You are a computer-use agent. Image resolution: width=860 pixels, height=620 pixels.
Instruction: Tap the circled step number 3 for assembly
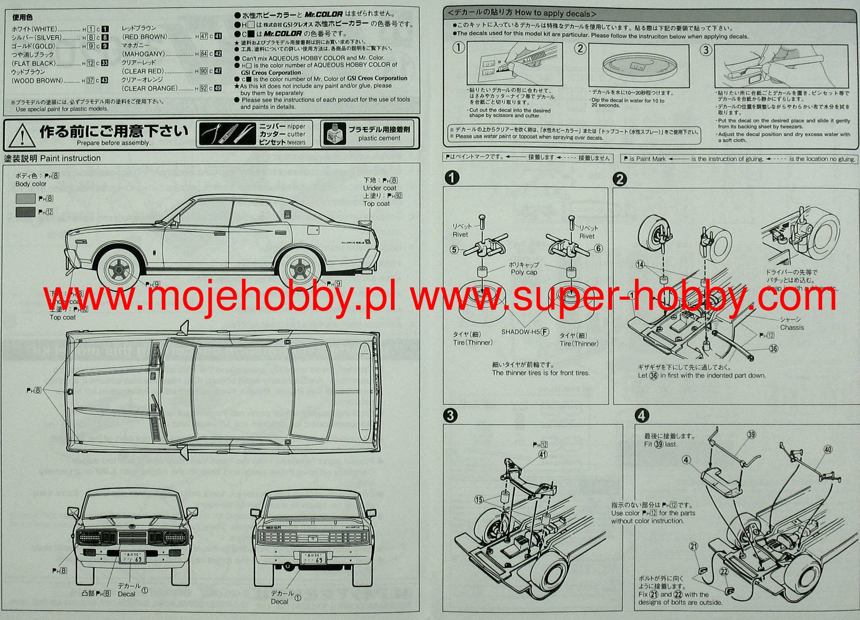click(x=450, y=416)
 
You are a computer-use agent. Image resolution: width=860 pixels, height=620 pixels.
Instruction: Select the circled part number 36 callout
click(x=773, y=348)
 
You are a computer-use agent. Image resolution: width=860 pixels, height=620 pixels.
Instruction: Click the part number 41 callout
click(x=543, y=454)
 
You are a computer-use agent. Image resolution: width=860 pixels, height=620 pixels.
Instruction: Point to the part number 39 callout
click(x=751, y=435)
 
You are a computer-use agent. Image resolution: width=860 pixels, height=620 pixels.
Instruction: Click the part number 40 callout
click(x=827, y=450)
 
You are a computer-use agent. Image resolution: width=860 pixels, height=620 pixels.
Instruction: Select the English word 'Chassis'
click(x=792, y=327)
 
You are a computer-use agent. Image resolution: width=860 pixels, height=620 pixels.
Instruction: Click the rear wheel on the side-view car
click(x=299, y=269)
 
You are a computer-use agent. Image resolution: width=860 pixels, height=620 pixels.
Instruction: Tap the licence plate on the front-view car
click(x=134, y=557)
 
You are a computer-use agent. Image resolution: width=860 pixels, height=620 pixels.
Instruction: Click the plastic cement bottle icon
click(x=335, y=134)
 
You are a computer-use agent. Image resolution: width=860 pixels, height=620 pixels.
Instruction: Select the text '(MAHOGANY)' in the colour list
click(x=143, y=54)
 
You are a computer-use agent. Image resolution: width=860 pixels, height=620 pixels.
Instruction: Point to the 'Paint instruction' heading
click(x=70, y=158)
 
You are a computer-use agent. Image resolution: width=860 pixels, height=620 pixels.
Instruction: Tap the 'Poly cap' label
click(x=524, y=272)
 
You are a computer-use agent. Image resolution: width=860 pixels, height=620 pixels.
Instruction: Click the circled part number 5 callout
click(x=454, y=250)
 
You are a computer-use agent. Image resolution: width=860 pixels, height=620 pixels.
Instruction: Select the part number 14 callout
click(x=640, y=264)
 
